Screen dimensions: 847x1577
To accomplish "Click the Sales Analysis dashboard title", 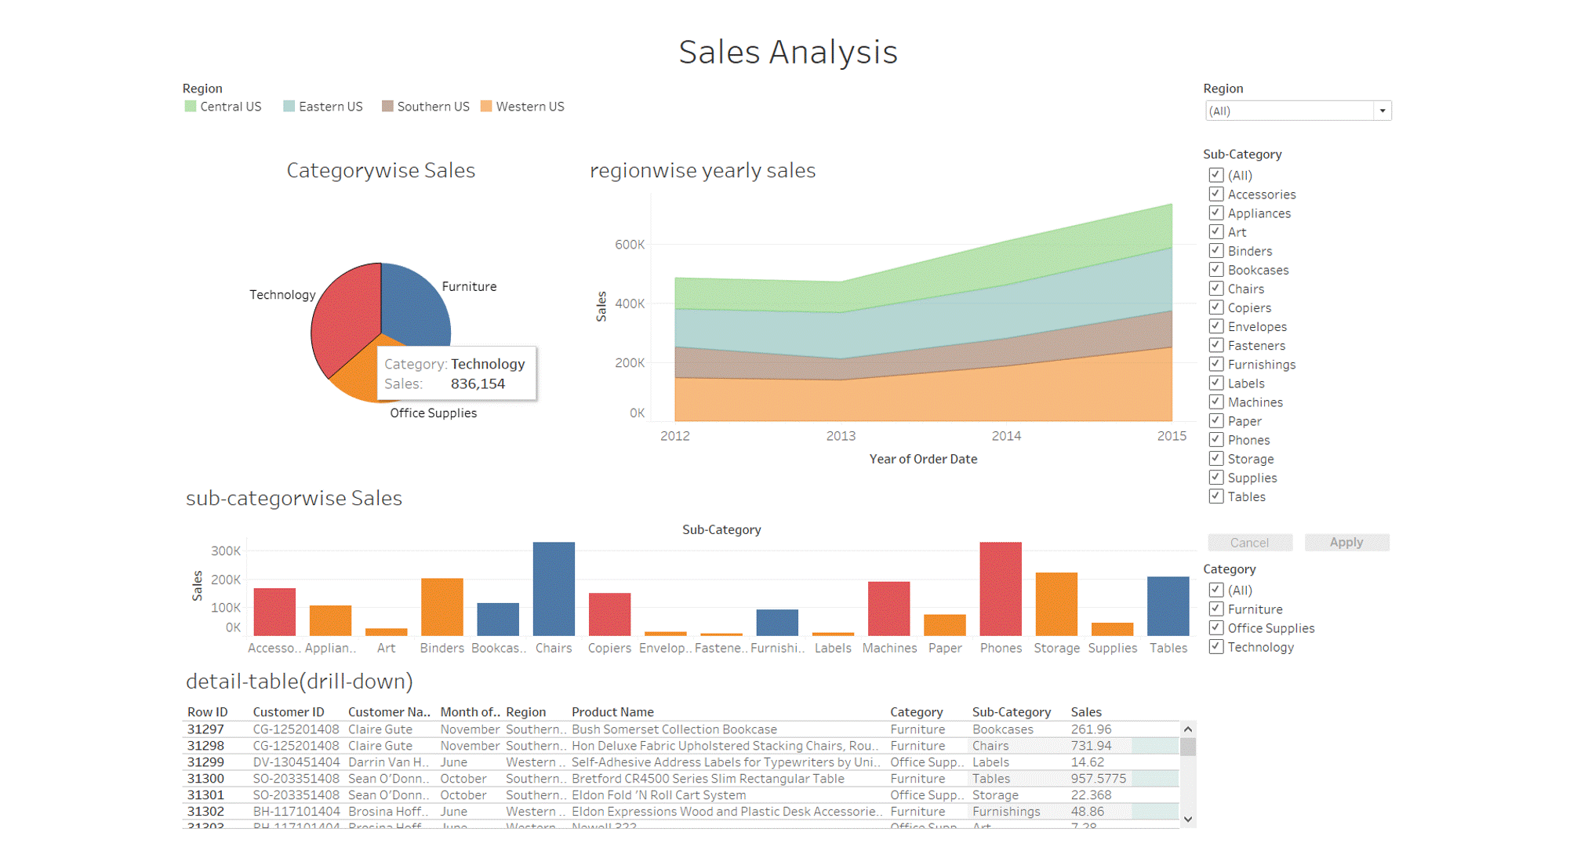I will point(787,53).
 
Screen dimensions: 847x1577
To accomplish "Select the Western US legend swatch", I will point(486,107).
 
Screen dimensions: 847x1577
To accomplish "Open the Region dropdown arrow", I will point(1382,111).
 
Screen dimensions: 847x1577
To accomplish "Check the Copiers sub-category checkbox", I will point(1215,307).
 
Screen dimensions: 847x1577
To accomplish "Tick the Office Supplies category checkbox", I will point(1215,627).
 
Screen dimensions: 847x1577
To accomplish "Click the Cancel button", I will point(1249,543).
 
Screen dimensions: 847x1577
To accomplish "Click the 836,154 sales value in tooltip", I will point(478,384).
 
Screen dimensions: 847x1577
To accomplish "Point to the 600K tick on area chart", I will point(630,245).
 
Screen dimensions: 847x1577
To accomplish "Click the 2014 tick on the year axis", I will point(1006,436).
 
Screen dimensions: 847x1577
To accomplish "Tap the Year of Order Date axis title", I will point(923,460).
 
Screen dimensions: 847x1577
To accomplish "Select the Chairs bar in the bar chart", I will point(554,588).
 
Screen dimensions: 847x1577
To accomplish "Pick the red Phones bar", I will point(1000,588).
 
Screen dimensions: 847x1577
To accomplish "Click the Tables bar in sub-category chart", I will point(1168,605).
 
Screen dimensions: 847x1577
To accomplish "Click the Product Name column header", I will point(612,712).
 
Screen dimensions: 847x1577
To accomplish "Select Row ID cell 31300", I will point(205,779).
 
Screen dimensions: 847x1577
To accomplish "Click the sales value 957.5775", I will point(1098,779).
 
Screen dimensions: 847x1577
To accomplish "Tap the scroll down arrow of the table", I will point(1188,820).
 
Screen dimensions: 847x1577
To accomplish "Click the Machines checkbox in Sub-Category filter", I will point(1215,402).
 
